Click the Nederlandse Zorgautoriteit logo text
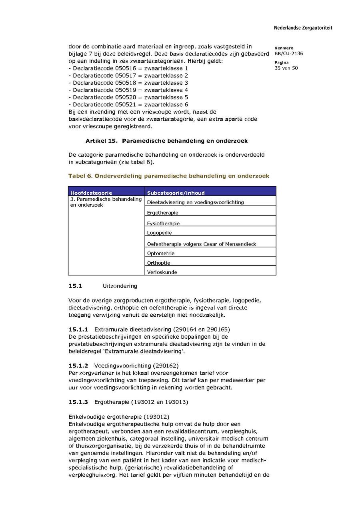[x=303, y=28]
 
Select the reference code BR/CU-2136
[x=288, y=54]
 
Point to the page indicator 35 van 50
[x=286, y=68]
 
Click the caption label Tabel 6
[x=80, y=176]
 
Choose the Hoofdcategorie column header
[x=91, y=193]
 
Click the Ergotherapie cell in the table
[x=162, y=213]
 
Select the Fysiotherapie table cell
[x=163, y=223]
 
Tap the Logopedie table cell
[x=159, y=233]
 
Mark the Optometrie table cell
[x=160, y=253]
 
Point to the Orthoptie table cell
[x=158, y=263]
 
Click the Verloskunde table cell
[x=162, y=272]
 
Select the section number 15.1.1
[x=78, y=329]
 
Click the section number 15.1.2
[x=78, y=365]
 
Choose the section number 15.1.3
[x=78, y=402]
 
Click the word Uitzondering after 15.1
[x=120, y=286]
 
